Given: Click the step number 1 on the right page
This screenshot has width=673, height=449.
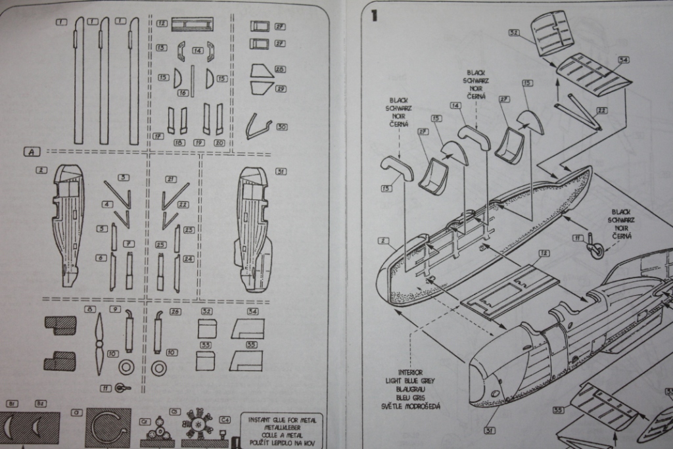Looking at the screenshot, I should point(374,15).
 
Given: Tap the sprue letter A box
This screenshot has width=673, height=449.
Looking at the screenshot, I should point(32,152).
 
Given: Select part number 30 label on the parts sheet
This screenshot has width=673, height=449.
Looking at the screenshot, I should point(281,126).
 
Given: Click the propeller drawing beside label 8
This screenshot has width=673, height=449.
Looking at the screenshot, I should point(99,342).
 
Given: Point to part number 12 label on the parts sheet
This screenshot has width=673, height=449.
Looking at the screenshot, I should point(162,23).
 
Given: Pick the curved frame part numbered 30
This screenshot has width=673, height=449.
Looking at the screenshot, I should point(258,126).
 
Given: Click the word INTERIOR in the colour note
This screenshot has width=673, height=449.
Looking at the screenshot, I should point(410,372).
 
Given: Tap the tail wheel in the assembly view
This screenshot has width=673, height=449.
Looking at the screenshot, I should point(596,250).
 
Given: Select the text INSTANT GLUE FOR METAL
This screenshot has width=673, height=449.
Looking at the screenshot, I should point(281,419).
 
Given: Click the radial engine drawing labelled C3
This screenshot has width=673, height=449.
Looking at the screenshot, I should point(197,427).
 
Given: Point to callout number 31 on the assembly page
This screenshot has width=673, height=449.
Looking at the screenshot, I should point(489,431).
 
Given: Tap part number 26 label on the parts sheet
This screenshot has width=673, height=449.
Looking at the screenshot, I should point(175,312).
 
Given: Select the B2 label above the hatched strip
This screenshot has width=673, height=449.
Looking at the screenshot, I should point(41,403).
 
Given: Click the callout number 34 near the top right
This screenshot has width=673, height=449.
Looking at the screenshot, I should point(623,60).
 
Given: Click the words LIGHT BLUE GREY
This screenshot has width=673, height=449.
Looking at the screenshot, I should point(410,381).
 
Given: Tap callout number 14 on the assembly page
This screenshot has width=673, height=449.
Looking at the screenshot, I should point(455,105).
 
